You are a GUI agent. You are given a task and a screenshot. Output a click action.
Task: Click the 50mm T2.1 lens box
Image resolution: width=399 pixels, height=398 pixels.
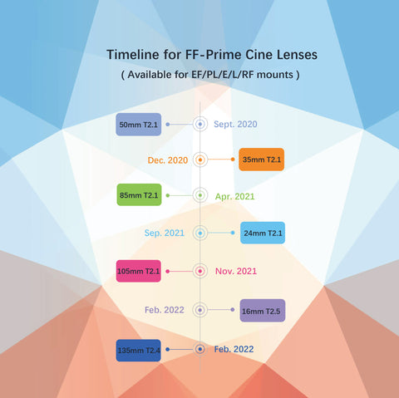tap(138, 125)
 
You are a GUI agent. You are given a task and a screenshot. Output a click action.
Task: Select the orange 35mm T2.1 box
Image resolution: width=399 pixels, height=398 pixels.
tap(261, 160)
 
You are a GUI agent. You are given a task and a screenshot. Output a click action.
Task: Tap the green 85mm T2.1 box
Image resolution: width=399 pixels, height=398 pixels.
tap(139, 194)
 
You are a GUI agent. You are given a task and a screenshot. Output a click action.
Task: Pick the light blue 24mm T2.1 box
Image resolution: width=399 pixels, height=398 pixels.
tap(263, 233)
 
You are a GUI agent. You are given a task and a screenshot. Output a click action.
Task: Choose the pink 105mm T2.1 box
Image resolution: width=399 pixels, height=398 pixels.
tap(138, 271)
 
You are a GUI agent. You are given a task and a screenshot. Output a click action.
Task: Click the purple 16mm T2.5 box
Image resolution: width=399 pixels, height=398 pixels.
tap(262, 311)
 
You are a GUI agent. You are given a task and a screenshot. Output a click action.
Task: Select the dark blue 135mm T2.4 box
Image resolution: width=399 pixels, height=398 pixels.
tap(138, 351)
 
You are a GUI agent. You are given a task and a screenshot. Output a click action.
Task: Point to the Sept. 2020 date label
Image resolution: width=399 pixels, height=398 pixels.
tap(235, 124)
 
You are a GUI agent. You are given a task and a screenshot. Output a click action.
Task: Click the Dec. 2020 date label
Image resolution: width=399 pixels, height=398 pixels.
tap(168, 160)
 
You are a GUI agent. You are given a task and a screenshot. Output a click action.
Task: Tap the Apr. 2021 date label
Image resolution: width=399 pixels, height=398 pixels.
tap(234, 196)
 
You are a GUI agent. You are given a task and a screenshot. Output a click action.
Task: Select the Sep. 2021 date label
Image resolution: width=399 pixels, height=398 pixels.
tap(165, 233)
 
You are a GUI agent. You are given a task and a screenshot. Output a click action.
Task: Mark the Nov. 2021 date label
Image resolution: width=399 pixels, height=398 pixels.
tap(236, 271)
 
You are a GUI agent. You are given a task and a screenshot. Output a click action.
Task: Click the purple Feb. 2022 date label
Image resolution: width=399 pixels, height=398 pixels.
tap(165, 310)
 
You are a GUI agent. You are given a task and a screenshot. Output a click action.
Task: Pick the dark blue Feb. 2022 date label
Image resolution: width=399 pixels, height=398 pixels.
tap(234, 349)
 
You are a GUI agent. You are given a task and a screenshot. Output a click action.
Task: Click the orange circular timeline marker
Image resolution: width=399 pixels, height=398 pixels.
tap(200, 160)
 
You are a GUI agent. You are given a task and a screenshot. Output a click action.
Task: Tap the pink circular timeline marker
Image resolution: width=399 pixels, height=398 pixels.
tap(200, 271)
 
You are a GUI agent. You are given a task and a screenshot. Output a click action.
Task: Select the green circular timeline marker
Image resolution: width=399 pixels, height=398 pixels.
tap(200, 195)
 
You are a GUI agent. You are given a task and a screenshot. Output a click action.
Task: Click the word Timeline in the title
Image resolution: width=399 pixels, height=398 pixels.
tap(133, 54)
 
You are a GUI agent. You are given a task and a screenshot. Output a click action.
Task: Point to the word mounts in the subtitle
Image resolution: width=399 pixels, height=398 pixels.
tap(274, 75)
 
